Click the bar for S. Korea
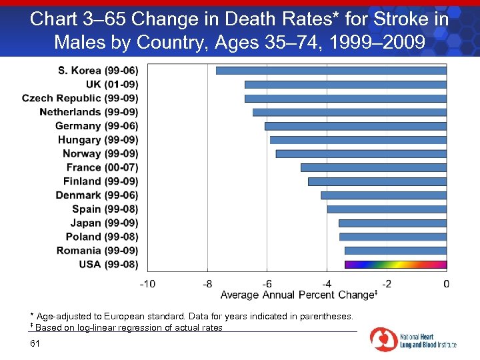pyautogui.click(x=331, y=70)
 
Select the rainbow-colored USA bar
pyautogui.click(x=395, y=264)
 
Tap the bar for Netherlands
pyautogui.click(x=349, y=112)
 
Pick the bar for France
pyautogui.click(x=373, y=167)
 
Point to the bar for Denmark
pyautogui.click(x=383, y=195)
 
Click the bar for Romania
pyautogui.click(x=395, y=251)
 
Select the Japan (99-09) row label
pyautogui.click(x=104, y=223)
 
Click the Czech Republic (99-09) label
pyautogui.click(x=80, y=98)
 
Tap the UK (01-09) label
pyautogui.click(x=112, y=84)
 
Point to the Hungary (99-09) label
pyautogui.click(x=98, y=139)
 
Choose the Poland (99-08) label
pyautogui.click(x=102, y=237)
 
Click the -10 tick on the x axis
pyautogui.click(x=147, y=283)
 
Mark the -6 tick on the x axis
pyautogui.click(x=267, y=283)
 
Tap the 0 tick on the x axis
pyautogui.click(x=446, y=283)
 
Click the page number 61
pyautogui.click(x=35, y=343)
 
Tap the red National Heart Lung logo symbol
pyautogui.click(x=383, y=339)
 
